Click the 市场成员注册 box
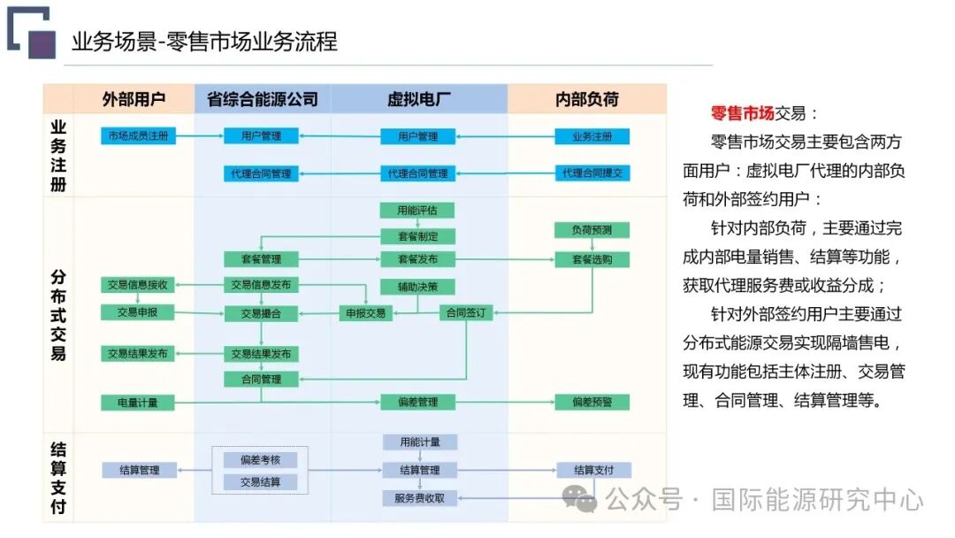pyautogui.click(x=137, y=136)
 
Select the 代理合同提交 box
pyautogui.click(x=592, y=173)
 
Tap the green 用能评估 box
pyautogui.click(x=417, y=211)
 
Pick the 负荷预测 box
pyautogui.click(x=592, y=230)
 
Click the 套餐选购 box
pyautogui.click(x=592, y=260)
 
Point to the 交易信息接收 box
pyautogui.click(x=137, y=285)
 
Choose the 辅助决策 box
pyautogui.click(x=417, y=287)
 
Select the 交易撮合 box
pyautogui.click(x=261, y=313)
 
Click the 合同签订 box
pyautogui.click(x=465, y=313)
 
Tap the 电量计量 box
pyautogui.click(x=137, y=403)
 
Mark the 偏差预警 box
pyautogui.click(x=592, y=403)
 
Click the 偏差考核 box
pyautogui.click(x=261, y=460)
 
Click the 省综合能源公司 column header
pyautogui.click(x=263, y=99)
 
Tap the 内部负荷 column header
pyautogui.click(x=587, y=99)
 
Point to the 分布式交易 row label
pyautogui.click(x=58, y=314)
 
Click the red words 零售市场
pyautogui.click(x=743, y=113)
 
